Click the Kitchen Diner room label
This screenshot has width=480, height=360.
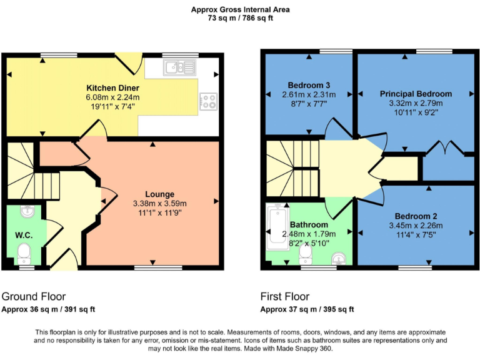click(112, 87)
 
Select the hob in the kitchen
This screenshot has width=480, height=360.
click(208, 101)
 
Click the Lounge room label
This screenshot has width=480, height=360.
click(159, 194)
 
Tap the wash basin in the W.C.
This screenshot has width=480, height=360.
click(26, 212)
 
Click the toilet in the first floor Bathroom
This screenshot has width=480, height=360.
click(306, 253)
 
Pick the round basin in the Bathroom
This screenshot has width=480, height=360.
click(337, 257)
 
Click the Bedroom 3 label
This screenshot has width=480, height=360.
click(309, 85)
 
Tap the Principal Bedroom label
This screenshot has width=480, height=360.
click(416, 94)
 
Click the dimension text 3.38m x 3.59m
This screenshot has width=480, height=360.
click(159, 203)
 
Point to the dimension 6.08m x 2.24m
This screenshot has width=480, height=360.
click(112, 97)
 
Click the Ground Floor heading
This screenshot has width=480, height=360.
click(33, 296)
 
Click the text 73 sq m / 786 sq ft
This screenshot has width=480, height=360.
click(240, 18)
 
